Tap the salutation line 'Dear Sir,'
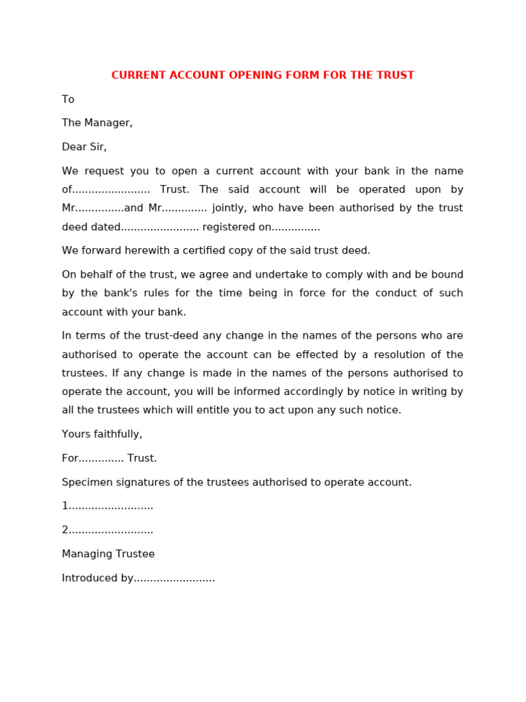pyautogui.click(x=84, y=147)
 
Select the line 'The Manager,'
pyautogui.click(x=97, y=123)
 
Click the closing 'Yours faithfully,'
pyautogui.click(x=102, y=434)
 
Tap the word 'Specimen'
pyautogui.click(x=84, y=482)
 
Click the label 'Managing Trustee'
pyautogui.click(x=108, y=554)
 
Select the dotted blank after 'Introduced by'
pyautogui.click(x=175, y=579)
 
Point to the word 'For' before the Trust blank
pyautogui.click(x=70, y=458)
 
